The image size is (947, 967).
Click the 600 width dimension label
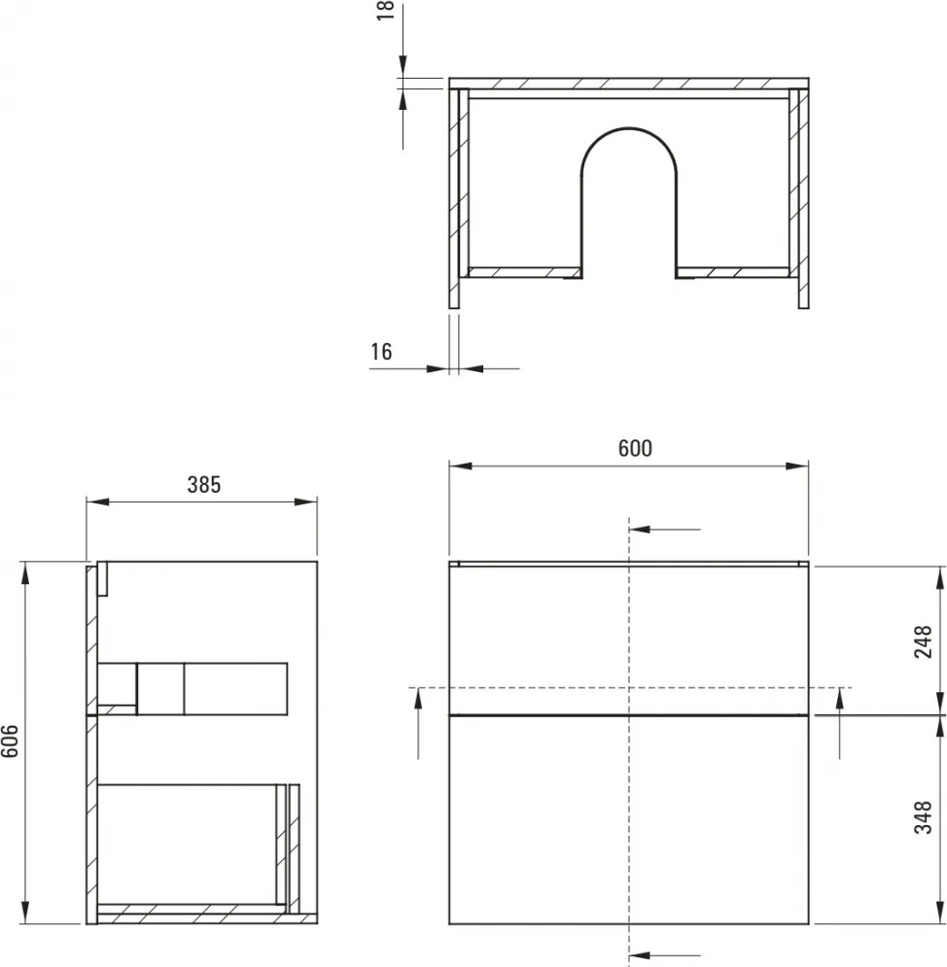tap(635, 448)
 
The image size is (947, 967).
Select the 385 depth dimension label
tap(204, 484)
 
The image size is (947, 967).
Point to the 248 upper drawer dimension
tap(924, 642)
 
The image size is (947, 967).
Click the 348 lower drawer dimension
tap(924, 818)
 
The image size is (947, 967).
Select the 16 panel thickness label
tap(381, 352)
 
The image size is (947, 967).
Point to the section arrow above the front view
tap(666, 530)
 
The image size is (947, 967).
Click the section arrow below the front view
tap(666, 953)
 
